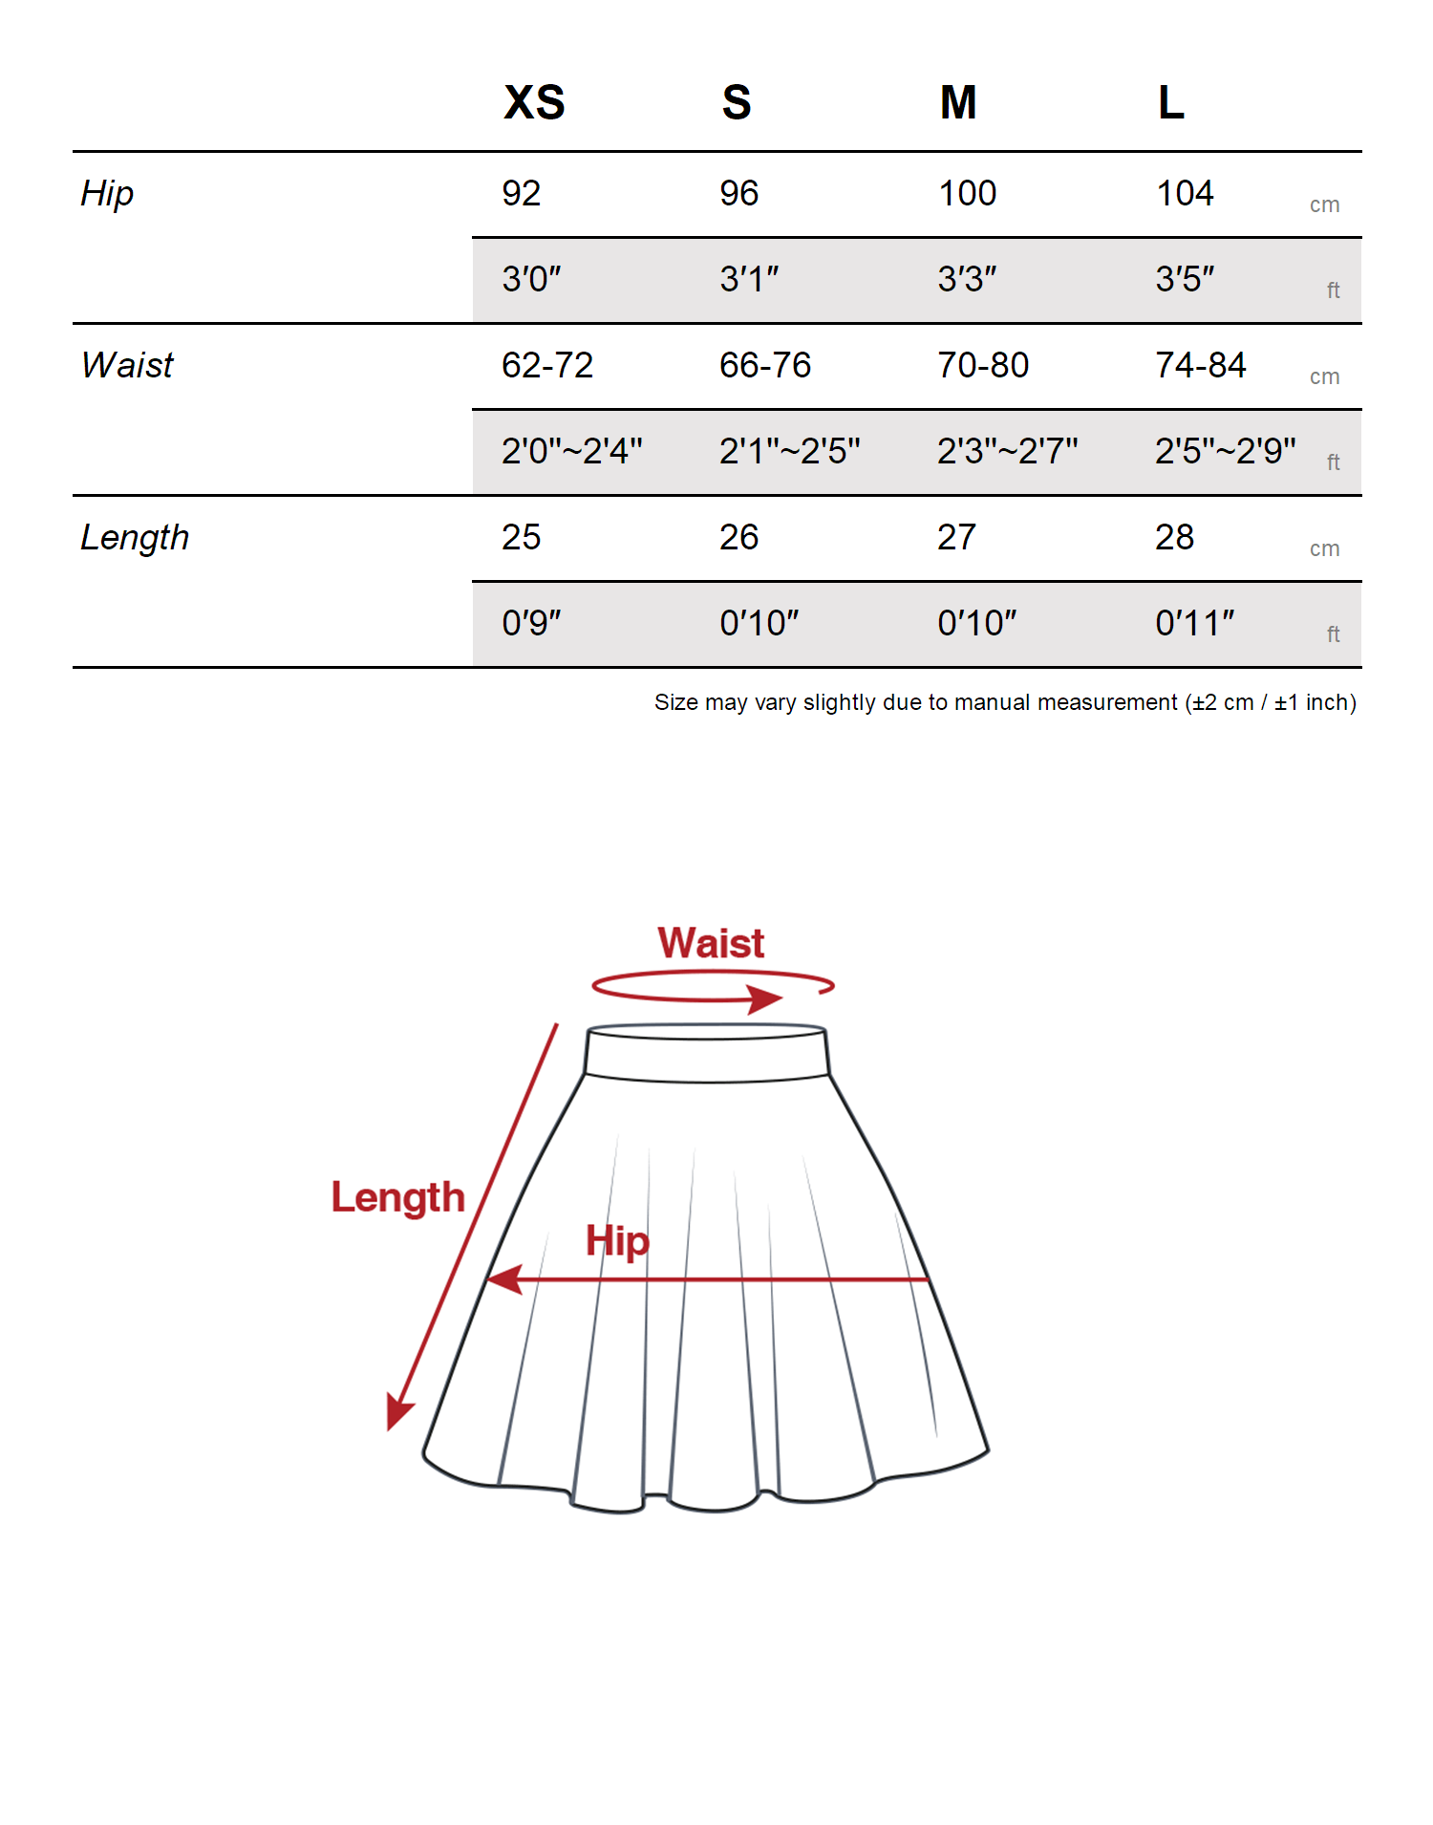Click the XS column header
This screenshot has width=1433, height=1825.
tap(534, 102)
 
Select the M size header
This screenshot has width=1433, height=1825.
tap(957, 102)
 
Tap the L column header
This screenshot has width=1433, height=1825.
tap(1170, 102)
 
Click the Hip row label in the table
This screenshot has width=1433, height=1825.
tap(107, 194)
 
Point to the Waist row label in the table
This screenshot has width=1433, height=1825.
tap(127, 366)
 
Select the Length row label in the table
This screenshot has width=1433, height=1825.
tap(135, 538)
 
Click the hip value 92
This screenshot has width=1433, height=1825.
tap(522, 194)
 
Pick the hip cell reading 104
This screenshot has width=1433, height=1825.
tap(1185, 194)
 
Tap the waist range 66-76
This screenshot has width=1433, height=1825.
tap(765, 366)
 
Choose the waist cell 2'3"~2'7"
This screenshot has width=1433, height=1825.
tap(1007, 451)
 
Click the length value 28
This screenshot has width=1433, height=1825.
tap(1174, 538)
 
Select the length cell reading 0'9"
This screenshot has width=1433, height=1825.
tap(531, 623)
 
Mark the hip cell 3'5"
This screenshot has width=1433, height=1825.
tap(1185, 280)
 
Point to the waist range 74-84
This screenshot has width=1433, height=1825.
tap(1201, 366)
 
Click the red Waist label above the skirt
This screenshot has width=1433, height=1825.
tap(711, 944)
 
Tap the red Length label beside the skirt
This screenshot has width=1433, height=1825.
tap(397, 1198)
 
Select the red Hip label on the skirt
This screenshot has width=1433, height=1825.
tap(617, 1241)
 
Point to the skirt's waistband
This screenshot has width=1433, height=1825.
tap(707, 1054)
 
